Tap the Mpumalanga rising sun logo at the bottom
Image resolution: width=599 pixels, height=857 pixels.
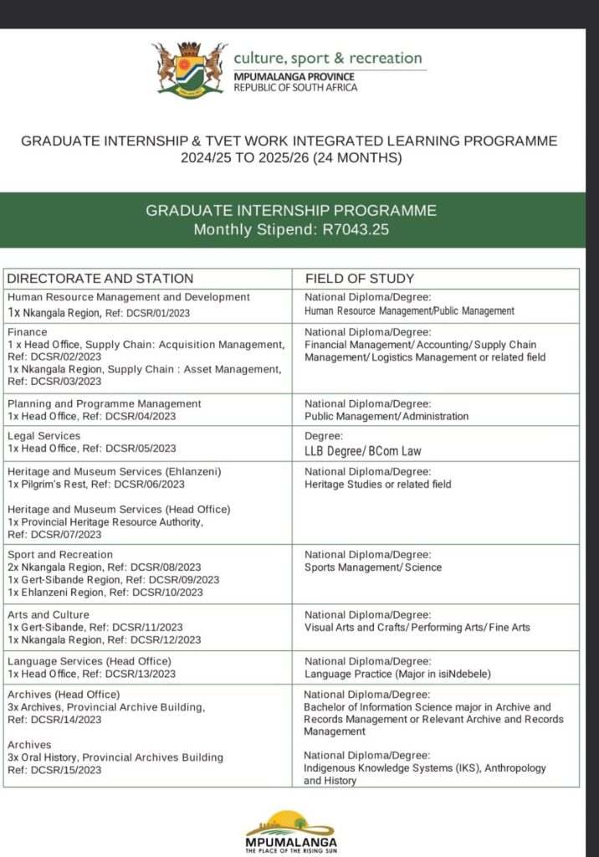click(291, 829)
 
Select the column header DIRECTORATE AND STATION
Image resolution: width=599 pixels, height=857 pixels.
click(100, 279)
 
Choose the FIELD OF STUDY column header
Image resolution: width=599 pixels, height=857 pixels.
click(360, 279)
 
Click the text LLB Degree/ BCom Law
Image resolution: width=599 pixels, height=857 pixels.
click(362, 451)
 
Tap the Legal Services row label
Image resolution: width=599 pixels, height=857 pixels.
click(44, 436)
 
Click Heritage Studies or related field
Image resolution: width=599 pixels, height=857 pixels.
click(377, 485)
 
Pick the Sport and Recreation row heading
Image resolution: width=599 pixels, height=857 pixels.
click(59, 555)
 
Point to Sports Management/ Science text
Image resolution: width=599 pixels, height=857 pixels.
click(373, 567)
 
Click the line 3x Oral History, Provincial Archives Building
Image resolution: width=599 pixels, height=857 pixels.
click(115, 757)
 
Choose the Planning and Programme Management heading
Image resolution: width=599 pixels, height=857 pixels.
click(105, 403)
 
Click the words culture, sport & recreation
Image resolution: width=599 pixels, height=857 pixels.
click(328, 58)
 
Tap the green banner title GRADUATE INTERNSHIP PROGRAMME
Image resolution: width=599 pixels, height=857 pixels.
click(291, 211)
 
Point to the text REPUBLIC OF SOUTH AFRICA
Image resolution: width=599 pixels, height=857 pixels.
click(295, 87)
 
